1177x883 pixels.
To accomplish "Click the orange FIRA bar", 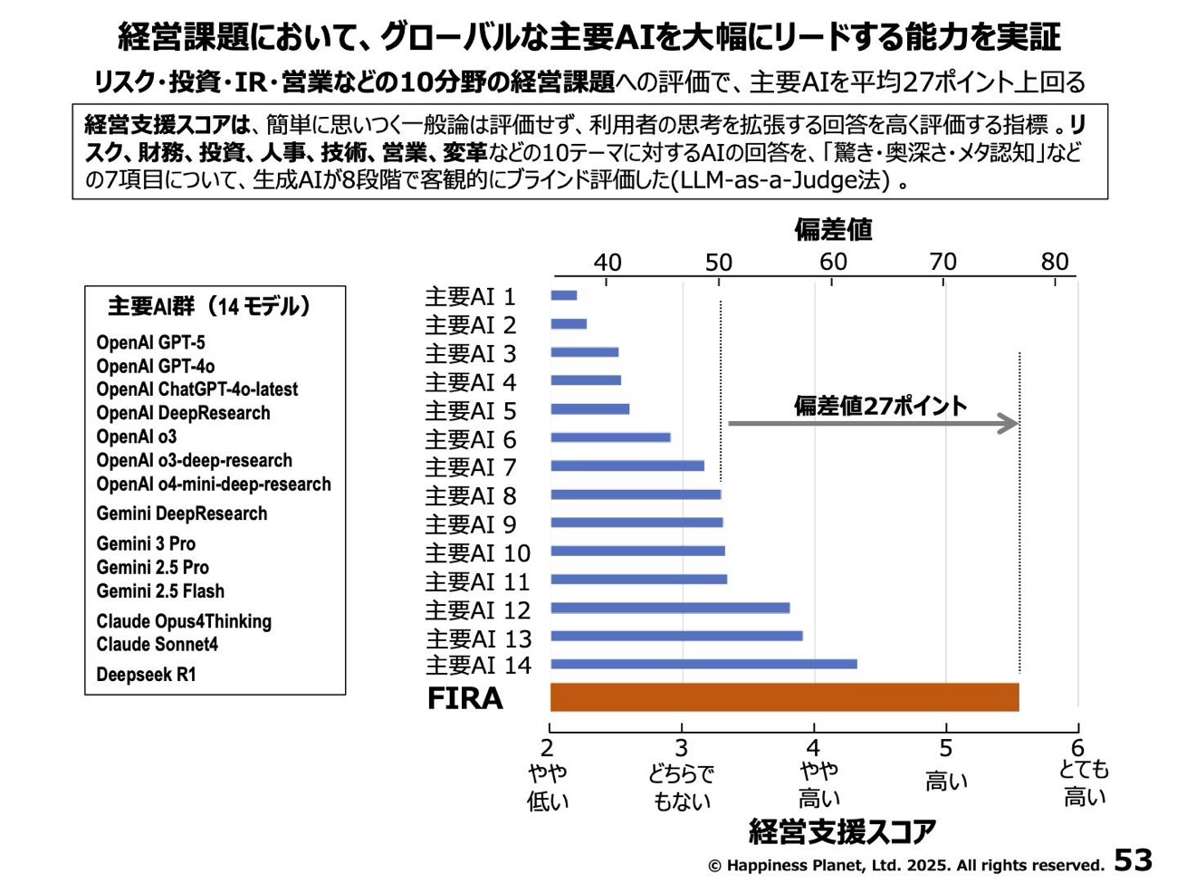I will tap(784, 697).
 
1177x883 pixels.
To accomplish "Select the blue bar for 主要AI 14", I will tap(703, 665).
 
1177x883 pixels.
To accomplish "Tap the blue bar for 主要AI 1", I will tap(563, 295).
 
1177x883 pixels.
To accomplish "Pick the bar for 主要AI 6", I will tap(610, 437).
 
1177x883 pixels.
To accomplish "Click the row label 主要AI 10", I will tap(477, 552).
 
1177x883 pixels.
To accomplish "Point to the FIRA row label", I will tap(464, 699).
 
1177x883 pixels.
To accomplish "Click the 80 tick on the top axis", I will tap(1055, 263).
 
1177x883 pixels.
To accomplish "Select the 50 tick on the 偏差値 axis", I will tap(719, 263).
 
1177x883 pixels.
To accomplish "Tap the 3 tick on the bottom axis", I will tap(682, 748).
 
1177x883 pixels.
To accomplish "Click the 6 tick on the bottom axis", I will tap(1077, 748).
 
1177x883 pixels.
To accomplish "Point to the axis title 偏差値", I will tap(833, 230).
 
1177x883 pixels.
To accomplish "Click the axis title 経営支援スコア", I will tap(842, 831).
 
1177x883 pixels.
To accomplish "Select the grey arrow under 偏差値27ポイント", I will tap(873, 423).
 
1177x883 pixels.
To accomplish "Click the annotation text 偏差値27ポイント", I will tap(880, 405).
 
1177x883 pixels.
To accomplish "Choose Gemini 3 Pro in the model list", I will tap(146, 543).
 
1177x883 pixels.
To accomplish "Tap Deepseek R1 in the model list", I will tap(146, 675).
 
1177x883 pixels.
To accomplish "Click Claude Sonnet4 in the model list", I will tap(157, 645).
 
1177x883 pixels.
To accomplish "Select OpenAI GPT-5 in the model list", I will tap(150, 342).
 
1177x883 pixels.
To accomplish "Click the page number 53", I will tap(1133, 859).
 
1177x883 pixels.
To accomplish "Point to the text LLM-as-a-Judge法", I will tap(780, 180).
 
